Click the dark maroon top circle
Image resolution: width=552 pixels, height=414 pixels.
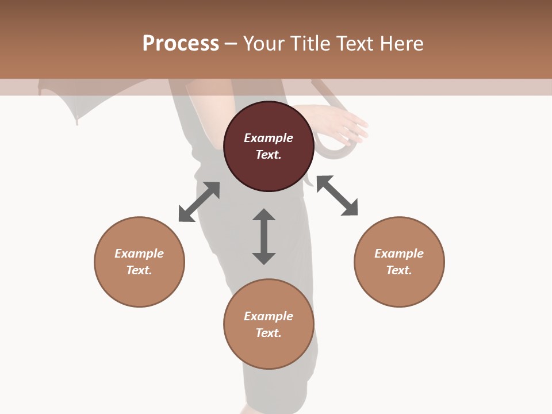269,146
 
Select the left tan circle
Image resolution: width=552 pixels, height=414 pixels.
139,262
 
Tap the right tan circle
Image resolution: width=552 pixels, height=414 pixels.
399,262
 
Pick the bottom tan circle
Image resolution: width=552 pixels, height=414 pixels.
269,324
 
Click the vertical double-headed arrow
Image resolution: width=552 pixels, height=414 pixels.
264,236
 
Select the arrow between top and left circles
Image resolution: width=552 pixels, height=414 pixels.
199,202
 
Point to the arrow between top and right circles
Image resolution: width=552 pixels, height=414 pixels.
338,195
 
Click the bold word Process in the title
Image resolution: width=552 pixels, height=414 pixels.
181,43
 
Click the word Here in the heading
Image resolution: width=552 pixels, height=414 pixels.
401,43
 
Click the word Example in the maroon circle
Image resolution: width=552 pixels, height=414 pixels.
269,138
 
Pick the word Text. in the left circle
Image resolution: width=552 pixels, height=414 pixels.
139,270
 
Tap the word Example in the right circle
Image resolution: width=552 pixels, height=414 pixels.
399,254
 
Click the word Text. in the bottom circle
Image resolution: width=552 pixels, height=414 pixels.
269,333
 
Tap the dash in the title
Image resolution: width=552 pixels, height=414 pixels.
231,44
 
